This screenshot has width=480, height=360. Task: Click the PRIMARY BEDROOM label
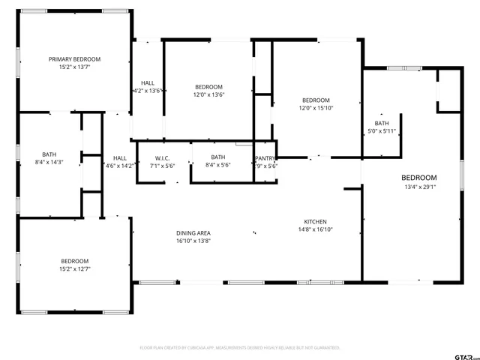74,59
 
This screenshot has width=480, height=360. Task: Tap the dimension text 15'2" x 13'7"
74,67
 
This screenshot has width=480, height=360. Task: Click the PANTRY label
265,158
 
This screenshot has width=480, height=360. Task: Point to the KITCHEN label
314,222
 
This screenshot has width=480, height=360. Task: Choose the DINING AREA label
193,233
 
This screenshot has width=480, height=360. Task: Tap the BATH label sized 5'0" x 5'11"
382,124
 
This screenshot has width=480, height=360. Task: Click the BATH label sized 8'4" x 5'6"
217,157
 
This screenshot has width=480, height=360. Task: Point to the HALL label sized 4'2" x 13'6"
147,82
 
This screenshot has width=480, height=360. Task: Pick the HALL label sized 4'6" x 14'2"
120,158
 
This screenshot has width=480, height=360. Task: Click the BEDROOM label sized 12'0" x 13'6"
208,87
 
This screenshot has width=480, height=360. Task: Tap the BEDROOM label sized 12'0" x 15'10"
316,100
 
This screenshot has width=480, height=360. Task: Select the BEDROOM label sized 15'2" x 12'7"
74,261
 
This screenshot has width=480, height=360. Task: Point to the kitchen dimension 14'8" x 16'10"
314,230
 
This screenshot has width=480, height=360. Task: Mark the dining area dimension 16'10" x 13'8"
193,241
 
